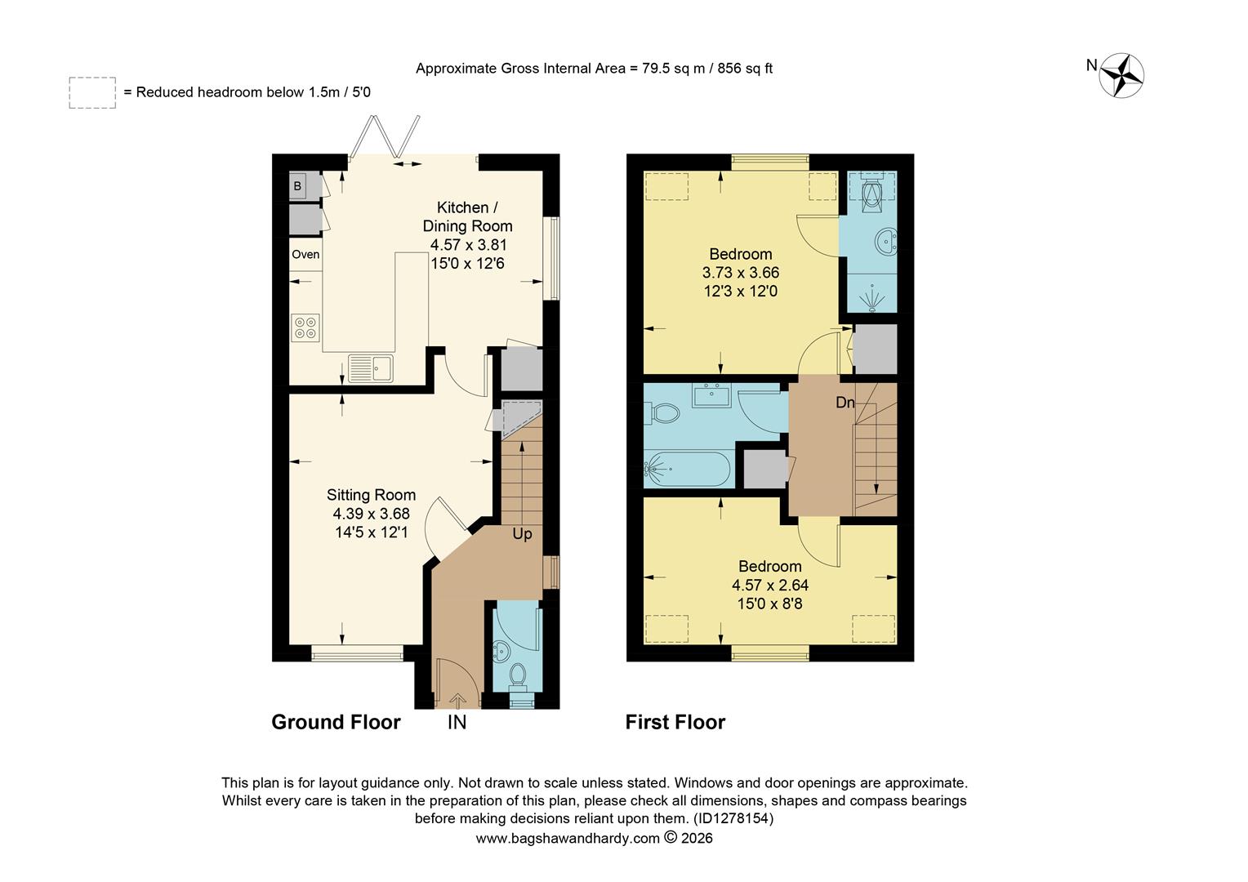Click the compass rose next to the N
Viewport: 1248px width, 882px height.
tap(1121, 76)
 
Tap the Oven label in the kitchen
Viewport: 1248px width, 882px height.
tap(305, 255)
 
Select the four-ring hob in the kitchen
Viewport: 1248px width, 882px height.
tap(305, 328)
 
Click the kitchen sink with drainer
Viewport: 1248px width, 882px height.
tap(370, 367)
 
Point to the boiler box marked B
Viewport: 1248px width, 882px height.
tap(299, 186)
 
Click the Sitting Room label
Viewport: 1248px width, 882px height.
tap(371, 495)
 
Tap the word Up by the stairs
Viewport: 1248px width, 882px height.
tap(522, 534)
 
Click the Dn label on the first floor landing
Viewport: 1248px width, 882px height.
tap(845, 403)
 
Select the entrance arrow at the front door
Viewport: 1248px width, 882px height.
tap(457, 699)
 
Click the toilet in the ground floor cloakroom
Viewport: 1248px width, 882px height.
tap(517, 675)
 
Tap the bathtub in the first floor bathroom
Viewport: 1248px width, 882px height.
tap(686, 469)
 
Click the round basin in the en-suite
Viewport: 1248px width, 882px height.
tap(884, 242)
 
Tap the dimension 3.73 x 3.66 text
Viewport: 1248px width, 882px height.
tap(740, 273)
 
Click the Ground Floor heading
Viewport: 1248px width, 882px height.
tap(336, 722)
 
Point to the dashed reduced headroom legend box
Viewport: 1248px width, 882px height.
tap(92, 93)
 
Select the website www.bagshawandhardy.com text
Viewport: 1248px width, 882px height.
tap(567, 839)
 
